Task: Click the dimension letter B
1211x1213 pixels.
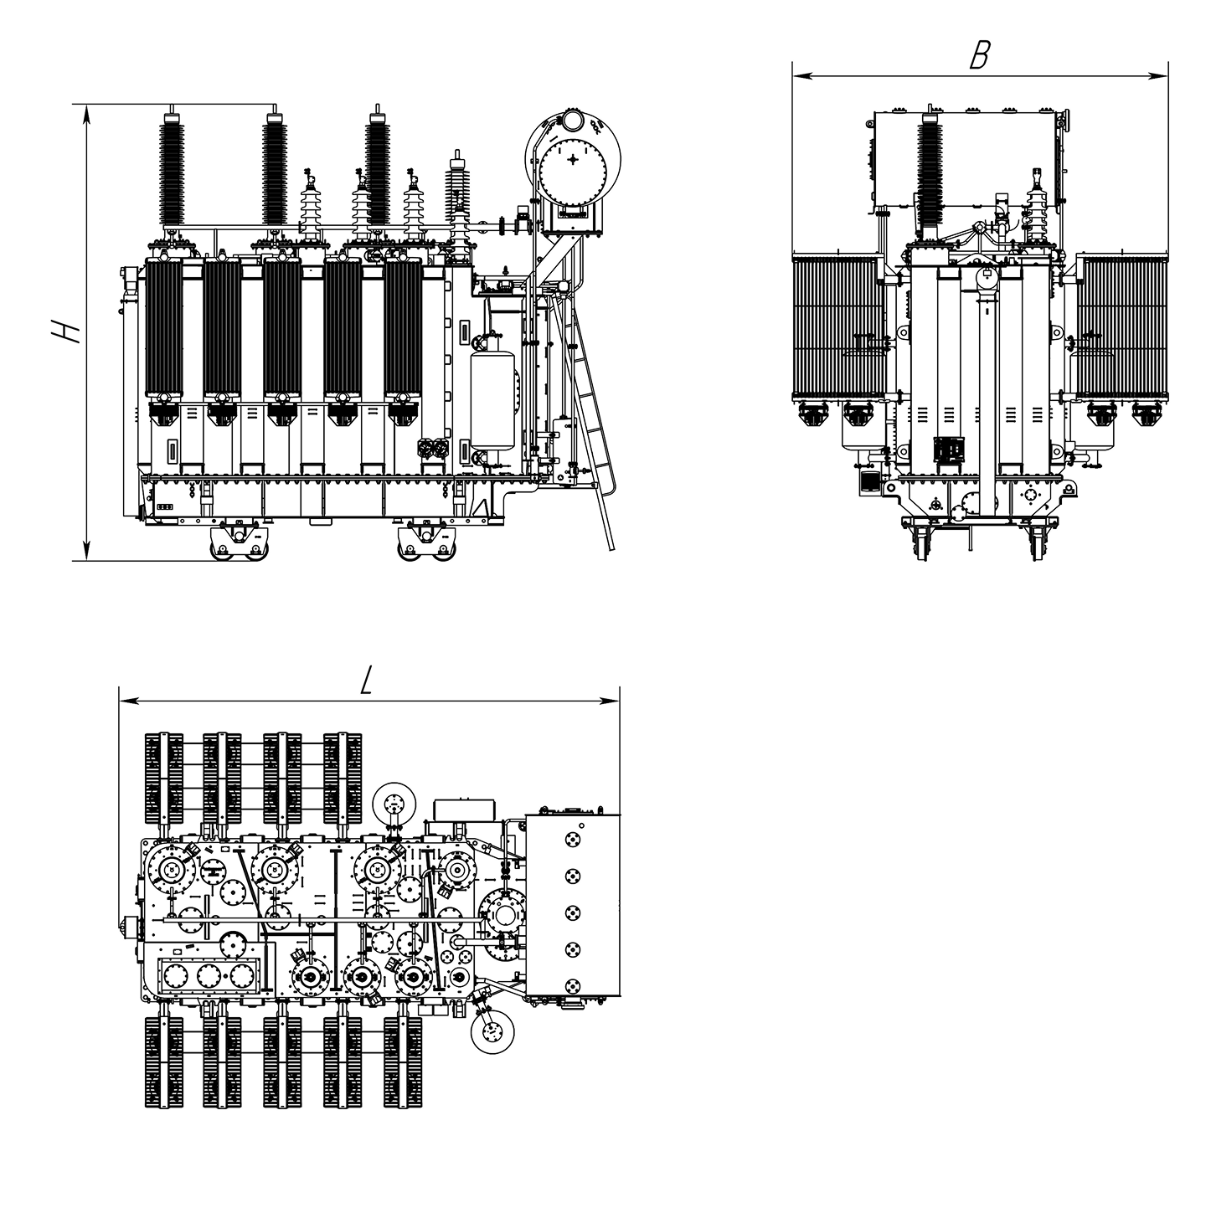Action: click(979, 55)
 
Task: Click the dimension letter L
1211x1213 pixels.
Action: click(366, 680)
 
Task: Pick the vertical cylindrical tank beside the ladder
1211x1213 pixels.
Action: click(492, 400)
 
